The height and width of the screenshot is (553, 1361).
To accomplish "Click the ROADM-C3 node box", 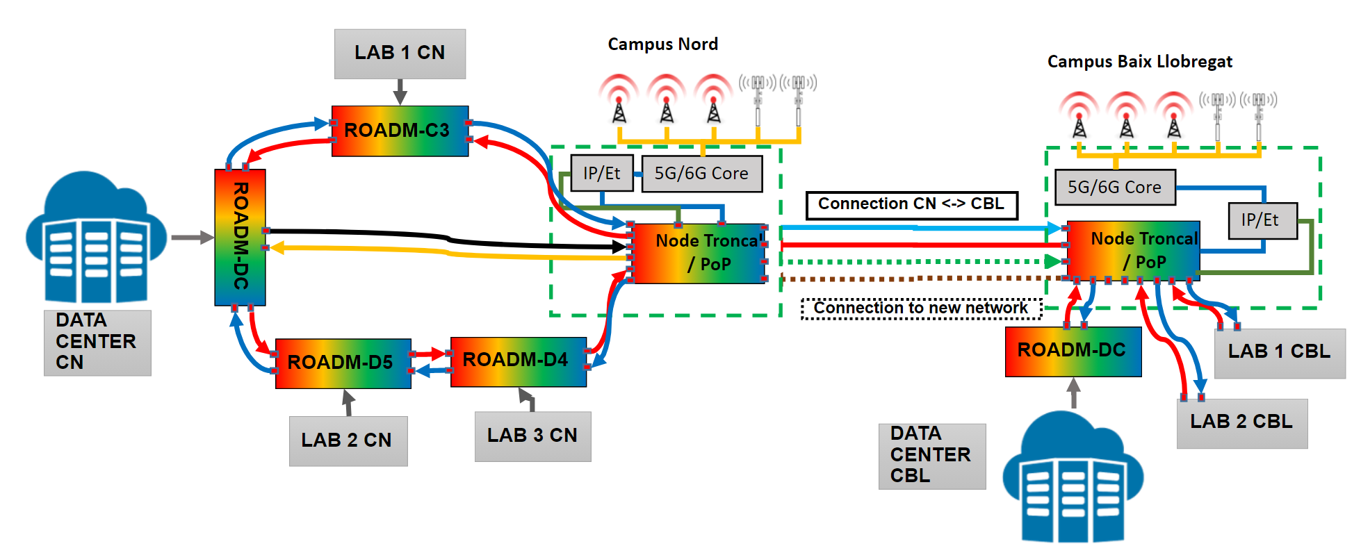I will click(400, 131).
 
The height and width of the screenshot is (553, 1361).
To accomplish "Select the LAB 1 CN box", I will click(400, 53).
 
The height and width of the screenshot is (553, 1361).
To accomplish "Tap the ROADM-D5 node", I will click(343, 363).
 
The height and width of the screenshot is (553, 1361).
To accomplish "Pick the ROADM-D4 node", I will click(518, 361).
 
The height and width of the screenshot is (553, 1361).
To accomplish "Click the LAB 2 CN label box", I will click(348, 440).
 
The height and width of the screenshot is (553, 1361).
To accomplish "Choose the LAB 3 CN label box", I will click(532, 436).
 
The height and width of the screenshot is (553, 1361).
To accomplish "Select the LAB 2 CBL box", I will click(1241, 422).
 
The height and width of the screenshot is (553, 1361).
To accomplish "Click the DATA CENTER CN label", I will click(97, 342).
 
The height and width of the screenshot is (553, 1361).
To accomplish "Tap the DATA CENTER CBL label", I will click(931, 456).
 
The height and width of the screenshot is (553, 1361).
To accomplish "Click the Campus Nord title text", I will click(662, 44).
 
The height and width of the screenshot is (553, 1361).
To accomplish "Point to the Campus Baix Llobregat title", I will click(1139, 62).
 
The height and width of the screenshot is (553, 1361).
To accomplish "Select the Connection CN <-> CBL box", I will click(911, 205).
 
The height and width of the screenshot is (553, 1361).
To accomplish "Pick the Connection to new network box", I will click(921, 308).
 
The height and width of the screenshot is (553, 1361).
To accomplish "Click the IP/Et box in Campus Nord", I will click(601, 173).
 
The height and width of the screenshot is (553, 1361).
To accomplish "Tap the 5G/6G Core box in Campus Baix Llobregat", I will click(1114, 188).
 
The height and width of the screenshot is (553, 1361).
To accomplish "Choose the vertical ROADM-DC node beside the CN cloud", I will click(240, 237).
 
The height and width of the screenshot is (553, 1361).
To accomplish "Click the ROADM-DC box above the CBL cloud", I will click(1073, 351).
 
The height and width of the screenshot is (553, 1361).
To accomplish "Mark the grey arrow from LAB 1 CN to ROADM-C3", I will click(400, 92).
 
